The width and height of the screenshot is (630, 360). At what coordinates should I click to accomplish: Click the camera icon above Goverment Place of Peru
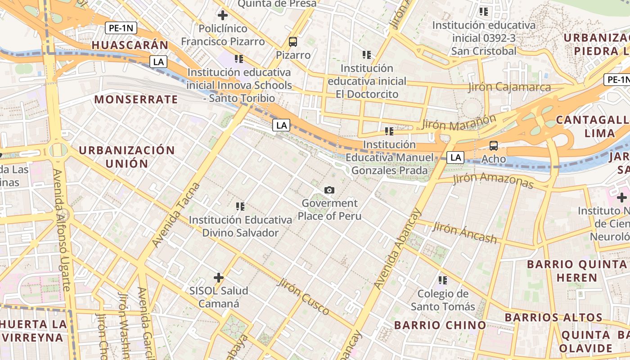tap(329, 190)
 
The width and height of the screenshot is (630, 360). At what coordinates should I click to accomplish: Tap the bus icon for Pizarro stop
tap(293, 42)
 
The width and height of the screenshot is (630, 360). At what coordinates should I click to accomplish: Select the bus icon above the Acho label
tap(494, 145)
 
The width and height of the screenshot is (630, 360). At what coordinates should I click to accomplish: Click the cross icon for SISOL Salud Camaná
tap(219, 278)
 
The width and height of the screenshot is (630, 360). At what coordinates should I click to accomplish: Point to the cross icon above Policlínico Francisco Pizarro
tap(222, 15)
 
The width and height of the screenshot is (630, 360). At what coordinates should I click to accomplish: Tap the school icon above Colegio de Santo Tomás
tap(443, 280)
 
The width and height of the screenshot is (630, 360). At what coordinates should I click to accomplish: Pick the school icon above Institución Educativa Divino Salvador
tap(240, 207)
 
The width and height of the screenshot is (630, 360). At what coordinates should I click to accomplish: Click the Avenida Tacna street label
tap(175, 215)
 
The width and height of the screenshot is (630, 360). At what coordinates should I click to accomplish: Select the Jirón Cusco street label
tap(303, 297)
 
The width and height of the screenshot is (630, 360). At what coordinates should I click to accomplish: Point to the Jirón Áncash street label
tap(464, 233)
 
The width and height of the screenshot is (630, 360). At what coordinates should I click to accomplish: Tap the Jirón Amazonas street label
tap(493, 180)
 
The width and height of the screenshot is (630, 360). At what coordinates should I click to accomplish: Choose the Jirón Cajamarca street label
tap(509, 86)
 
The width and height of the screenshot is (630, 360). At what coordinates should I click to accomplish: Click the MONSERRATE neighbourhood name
tap(136, 99)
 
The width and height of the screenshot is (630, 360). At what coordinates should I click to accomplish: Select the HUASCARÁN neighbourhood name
tap(130, 45)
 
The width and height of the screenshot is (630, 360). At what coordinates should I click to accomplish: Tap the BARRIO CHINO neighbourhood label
tap(440, 325)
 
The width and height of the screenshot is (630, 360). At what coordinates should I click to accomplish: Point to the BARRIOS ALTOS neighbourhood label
tap(553, 317)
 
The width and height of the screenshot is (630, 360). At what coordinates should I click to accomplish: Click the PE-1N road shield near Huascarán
tap(121, 28)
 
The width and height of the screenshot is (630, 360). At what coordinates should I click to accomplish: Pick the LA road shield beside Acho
tap(456, 157)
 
